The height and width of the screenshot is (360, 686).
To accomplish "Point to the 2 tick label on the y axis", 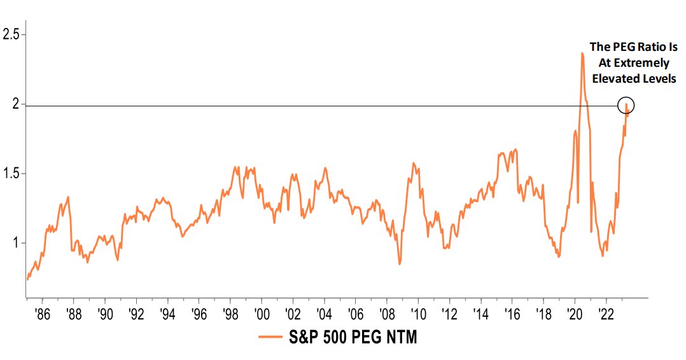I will click(x=6, y=104).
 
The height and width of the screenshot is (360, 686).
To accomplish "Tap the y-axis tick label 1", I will click(x=6, y=243).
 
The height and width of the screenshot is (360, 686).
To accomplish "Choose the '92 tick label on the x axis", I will click(x=136, y=314).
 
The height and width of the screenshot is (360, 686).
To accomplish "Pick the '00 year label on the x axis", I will click(x=260, y=314).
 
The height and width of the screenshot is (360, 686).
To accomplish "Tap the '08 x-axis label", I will click(x=386, y=314).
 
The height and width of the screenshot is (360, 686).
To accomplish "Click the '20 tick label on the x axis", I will click(x=575, y=314).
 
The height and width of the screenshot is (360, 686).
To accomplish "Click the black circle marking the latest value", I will click(x=626, y=105).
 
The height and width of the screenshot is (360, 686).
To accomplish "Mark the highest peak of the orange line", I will click(x=582, y=53).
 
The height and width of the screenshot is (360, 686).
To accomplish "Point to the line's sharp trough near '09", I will click(x=399, y=263).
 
